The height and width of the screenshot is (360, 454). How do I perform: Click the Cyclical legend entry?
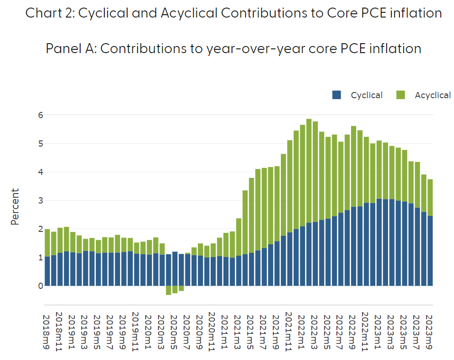366,95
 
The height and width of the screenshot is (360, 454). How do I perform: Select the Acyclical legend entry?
432,95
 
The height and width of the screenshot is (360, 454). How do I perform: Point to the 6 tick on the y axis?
41,115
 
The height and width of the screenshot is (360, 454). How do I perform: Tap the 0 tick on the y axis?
41,286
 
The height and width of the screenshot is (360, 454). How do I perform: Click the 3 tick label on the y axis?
41,200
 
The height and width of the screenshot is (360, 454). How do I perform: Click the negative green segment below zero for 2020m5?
175,289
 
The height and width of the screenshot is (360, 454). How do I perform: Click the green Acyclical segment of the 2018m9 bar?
47,243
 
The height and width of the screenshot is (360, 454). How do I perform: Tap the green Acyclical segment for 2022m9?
353,166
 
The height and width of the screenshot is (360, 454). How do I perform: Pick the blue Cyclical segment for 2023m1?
379,242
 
